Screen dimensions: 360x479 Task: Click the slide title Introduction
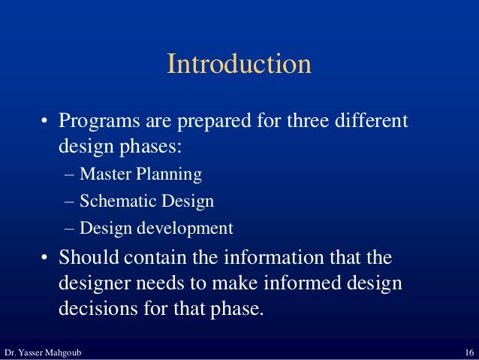(239, 64)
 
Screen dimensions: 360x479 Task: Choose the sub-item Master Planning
(140, 175)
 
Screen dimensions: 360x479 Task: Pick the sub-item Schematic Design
(146, 201)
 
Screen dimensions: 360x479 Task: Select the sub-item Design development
(155, 228)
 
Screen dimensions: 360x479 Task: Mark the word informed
(297, 285)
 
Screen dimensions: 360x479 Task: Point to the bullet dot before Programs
(46, 122)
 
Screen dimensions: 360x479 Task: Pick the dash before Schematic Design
(70, 201)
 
